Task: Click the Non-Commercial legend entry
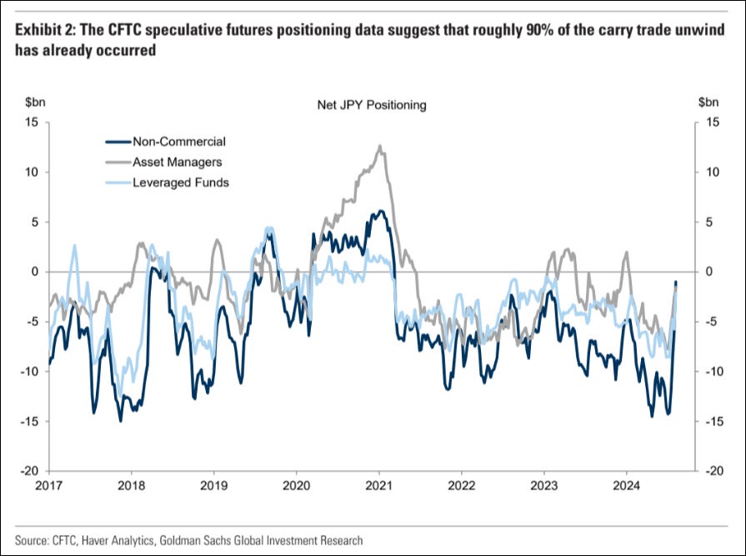click(179, 142)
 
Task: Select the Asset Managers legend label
click(177, 163)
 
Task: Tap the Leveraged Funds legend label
click(181, 183)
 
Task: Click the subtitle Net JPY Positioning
click(372, 105)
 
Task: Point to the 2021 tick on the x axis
click(378, 486)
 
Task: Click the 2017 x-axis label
click(49, 486)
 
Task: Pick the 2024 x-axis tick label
click(626, 486)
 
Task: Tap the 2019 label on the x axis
click(213, 486)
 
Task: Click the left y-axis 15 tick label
click(32, 123)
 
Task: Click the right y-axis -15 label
click(710, 422)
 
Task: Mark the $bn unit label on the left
click(35, 102)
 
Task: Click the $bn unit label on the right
click(708, 102)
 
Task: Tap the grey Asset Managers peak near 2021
click(379, 146)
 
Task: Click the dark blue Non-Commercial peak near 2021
click(381, 211)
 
